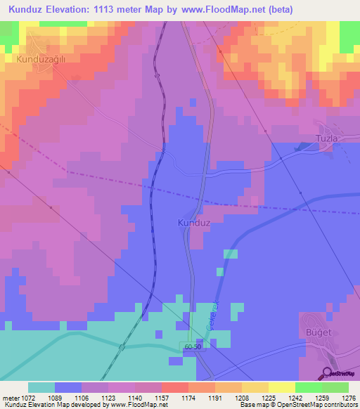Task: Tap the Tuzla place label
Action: point(328,138)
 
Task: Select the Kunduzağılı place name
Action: point(40,60)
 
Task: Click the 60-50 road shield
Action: point(193,347)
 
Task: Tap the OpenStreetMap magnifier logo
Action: point(327,374)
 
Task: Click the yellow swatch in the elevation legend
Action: point(281,387)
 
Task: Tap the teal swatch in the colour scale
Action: point(41,387)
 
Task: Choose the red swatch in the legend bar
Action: point(174,387)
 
